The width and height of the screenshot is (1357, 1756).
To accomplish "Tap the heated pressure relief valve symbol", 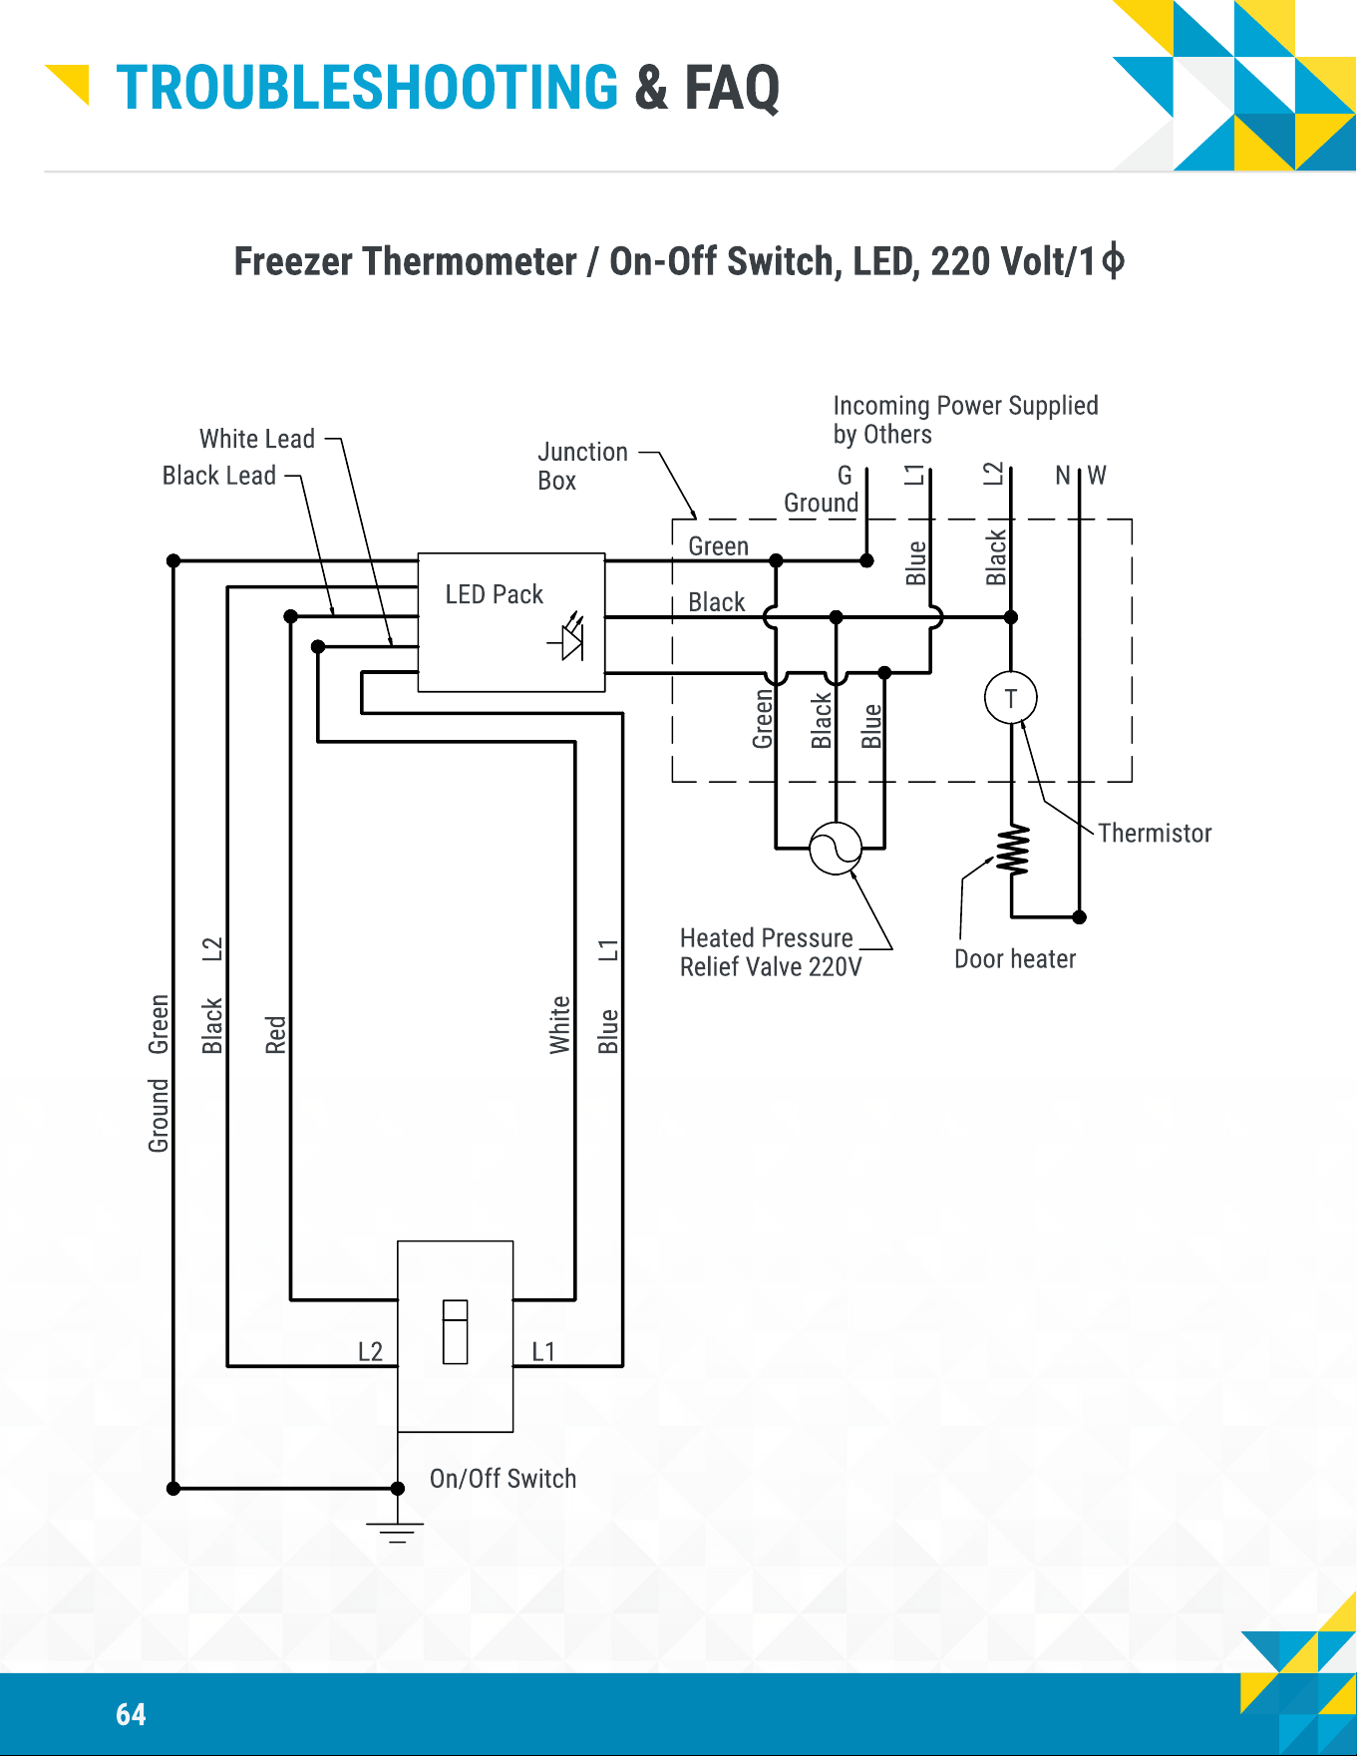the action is (836, 849).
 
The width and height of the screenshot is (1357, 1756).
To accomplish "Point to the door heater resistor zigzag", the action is (1013, 851).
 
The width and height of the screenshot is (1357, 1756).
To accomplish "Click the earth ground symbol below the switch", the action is (397, 1533).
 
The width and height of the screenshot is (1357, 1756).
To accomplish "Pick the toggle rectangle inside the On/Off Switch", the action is (455, 1331).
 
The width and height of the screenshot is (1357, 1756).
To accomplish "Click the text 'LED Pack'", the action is (494, 594).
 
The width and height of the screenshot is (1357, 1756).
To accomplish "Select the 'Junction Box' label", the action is (582, 466).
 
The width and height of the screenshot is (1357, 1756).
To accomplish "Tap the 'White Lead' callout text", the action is (257, 439).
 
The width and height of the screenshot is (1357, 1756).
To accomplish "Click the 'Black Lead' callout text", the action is (219, 476).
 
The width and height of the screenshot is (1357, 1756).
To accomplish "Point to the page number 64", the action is (131, 1714).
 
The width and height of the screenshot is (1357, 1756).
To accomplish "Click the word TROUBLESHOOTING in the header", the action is (367, 88).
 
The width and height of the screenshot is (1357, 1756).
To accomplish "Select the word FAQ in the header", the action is (731, 88).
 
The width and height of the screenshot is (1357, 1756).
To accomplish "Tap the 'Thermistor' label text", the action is (1155, 833).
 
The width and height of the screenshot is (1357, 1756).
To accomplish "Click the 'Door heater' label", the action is (1015, 958).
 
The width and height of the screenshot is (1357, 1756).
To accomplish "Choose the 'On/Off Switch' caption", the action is (503, 1478).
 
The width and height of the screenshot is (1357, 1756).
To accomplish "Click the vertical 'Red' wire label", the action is (275, 1035).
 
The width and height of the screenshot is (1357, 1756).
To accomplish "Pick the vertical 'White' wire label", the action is (559, 1024).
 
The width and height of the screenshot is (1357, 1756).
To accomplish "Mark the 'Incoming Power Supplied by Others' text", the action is (965, 420).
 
